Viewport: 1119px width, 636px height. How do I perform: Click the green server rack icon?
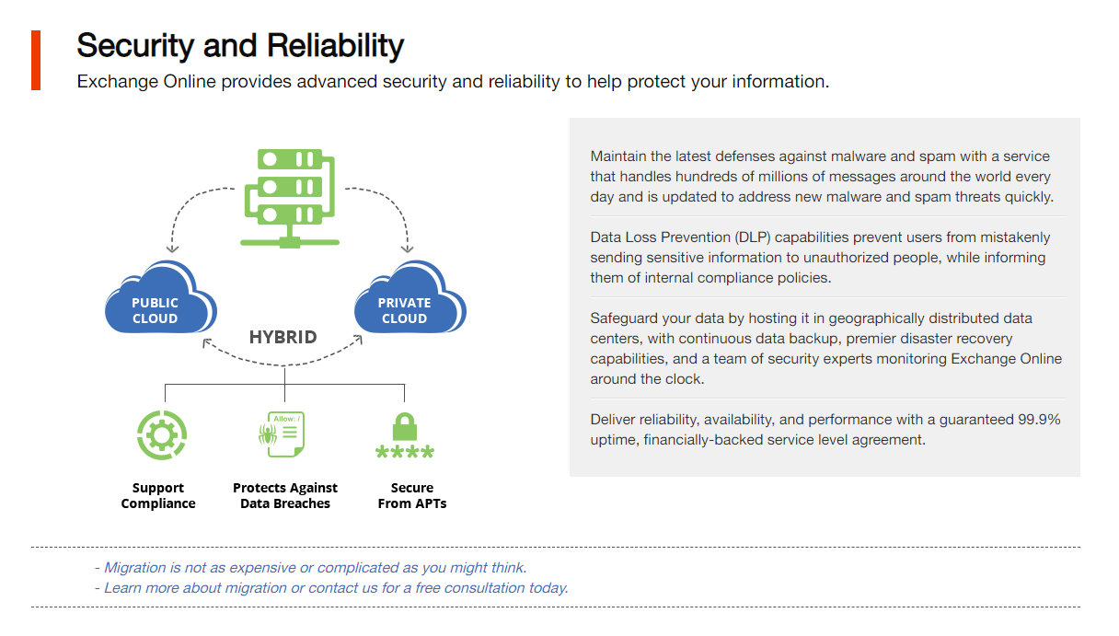click(x=290, y=198)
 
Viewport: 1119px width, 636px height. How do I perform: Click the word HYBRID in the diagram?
click(x=283, y=337)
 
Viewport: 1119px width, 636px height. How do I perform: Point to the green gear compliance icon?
click(x=162, y=434)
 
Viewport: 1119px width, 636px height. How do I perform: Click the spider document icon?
click(x=282, y=434)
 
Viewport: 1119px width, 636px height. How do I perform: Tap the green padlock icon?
click(x=405, y=426)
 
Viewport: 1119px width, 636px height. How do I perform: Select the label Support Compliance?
click(x=158, y=495)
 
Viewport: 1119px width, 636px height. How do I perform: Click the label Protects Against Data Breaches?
click(x=285, y=495)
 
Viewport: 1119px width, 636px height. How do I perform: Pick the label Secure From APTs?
click(x=412, y=495)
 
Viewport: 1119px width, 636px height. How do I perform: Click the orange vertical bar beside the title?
click(x=36, y=61)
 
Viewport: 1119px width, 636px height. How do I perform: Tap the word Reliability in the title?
click(x=335, y=46)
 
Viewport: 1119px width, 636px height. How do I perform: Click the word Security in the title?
click(x=135, y=46)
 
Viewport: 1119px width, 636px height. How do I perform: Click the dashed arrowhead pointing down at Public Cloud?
click(x=172, y=249)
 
